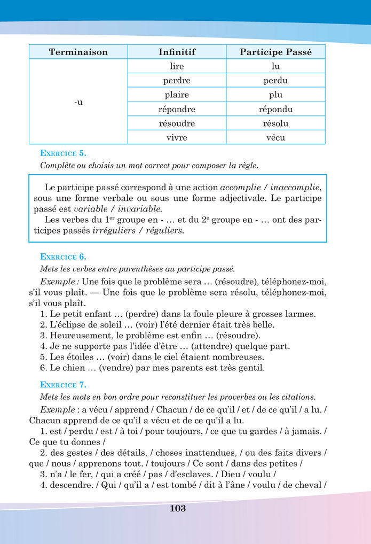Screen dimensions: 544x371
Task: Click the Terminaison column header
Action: pos(78,52)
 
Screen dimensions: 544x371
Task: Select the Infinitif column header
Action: pos(177,52)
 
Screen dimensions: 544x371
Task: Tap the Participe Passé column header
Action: pos(275,52)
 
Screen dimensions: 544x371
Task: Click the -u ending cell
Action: pos(78,102)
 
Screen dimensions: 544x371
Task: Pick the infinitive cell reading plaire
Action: pos(177,95)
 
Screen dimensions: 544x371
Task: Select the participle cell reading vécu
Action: pos(275,137)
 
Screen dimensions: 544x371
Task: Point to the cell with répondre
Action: pos(177,109)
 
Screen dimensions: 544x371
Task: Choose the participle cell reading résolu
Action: pos(275,123)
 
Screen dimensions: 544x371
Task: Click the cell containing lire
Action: pos(177,66)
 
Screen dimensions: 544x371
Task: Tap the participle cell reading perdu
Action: pos(275,81)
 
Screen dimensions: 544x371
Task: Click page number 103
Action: pos(178,509)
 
